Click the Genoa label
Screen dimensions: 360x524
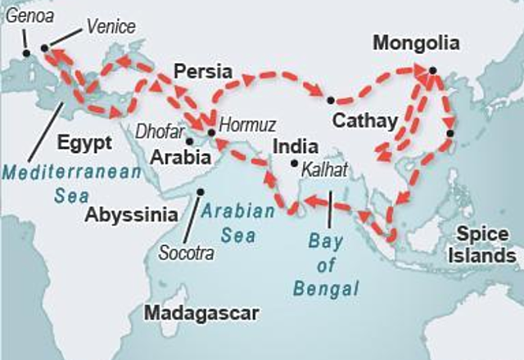[23, 15]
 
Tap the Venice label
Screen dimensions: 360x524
[110, 27]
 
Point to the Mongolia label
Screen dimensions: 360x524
[416, 43]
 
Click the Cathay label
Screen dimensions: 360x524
[364, 121]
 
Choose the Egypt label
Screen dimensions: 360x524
[84, 142]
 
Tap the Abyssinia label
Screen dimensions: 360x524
[131, 215]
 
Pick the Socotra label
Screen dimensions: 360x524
[187, 253]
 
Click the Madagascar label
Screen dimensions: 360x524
[201, 313]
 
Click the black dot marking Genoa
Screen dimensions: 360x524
[26, 53]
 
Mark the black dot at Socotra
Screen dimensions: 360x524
[200, 192]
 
